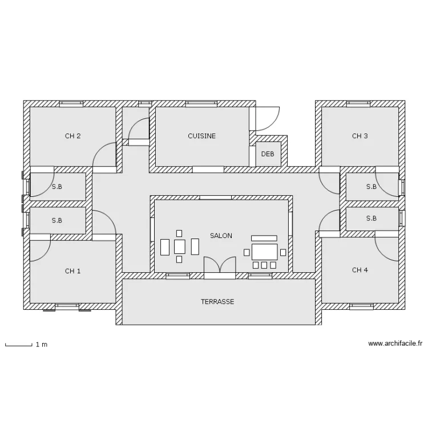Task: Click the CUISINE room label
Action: [x=201, y=136]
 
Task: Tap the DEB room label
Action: [x=268, y=154]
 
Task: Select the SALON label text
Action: [x=221, y=236]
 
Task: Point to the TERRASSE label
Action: [x=217, y=302]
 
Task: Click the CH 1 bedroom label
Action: [x=72, y=271]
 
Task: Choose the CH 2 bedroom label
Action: [x=72, y=136]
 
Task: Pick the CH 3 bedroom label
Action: [x=360, y=136]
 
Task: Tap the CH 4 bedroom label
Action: [x=360, y=270]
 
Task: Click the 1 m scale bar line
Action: [x=19, y=346]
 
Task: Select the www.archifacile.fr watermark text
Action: [x=395, y=344]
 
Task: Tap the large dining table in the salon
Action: [x=264, y=252]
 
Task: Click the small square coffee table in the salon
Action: [x=180, y=247]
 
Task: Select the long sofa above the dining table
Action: [x=264, y=239]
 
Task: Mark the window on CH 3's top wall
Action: [x=358, y=104]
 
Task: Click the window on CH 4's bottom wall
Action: [x=361, y=306]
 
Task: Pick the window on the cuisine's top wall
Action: [x=201, y=104]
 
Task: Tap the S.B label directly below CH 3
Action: [x=372, y=187]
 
